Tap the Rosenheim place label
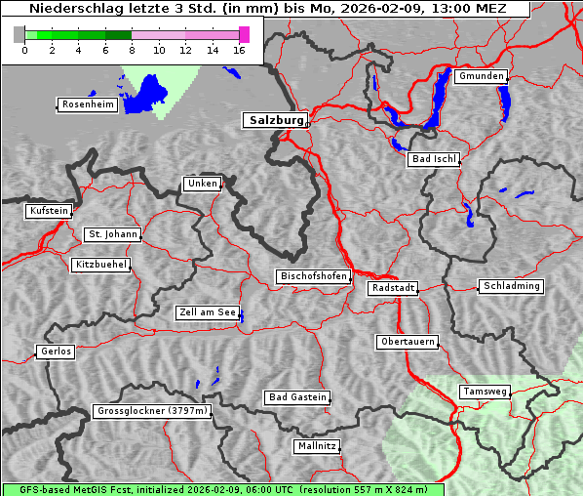pos(87,104)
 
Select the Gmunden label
pos(481,76)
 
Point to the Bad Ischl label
pos(434,159)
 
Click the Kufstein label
pos(49,211)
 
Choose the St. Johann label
pos(112,234)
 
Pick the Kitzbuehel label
pos(100,265)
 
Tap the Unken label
pos(202,184)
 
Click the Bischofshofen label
pos(313,277)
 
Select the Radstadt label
pos(393,288)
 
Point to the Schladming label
pos(511,286)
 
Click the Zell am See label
pos(208,312)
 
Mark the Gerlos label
pos(56,351)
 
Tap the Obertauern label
pos(408,342)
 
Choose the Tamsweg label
pos(485,392)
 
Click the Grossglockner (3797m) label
pos(152,411)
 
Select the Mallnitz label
pos(317,446)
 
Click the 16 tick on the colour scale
pos(240,50)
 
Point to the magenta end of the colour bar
pos(244,34)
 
